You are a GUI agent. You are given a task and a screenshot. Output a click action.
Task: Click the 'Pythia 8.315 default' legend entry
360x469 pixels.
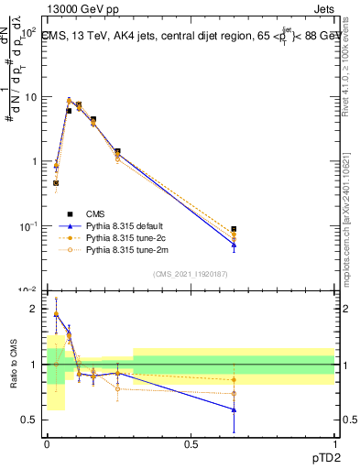127,224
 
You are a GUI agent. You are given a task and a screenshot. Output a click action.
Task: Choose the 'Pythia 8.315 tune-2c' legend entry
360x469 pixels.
127,236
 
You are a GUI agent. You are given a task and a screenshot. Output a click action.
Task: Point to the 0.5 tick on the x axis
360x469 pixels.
191,445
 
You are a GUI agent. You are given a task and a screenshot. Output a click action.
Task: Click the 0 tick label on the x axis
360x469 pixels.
47,445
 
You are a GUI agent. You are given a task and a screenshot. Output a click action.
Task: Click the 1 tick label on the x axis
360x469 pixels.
334,445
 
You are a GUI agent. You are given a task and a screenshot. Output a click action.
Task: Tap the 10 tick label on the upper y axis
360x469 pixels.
31,96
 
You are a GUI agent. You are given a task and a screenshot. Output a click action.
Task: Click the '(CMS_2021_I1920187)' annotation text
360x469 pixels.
191,273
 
